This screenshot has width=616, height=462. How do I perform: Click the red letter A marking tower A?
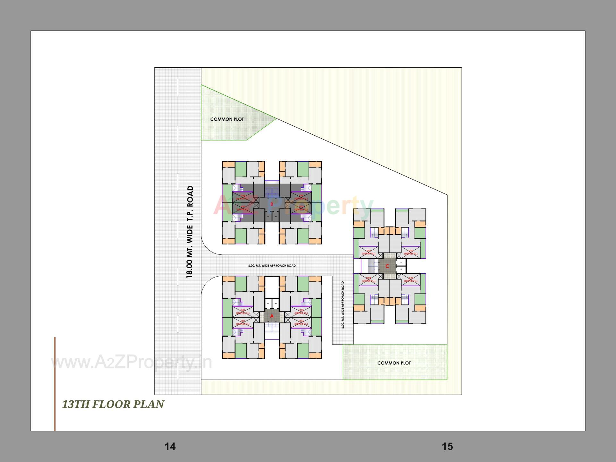272,316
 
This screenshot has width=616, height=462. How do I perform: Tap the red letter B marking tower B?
272,204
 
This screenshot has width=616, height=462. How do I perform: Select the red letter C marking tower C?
387,266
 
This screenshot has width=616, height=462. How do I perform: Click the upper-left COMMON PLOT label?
227,119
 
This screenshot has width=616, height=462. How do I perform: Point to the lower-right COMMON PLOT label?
394,363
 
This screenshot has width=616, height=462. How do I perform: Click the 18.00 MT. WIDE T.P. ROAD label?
190,232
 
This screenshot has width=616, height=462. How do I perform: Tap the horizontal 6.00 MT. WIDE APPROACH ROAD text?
272,266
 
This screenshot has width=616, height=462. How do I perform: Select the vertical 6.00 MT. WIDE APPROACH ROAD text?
343,304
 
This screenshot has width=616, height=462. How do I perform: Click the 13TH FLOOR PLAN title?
113,404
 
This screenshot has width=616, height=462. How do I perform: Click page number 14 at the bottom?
170,446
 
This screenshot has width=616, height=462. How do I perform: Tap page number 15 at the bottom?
447,446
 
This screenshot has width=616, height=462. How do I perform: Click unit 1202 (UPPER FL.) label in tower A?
243,312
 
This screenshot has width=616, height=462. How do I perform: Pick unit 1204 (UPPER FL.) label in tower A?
301,322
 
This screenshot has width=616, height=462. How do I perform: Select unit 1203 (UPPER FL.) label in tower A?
301,312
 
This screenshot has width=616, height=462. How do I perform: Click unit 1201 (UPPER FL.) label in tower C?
368,252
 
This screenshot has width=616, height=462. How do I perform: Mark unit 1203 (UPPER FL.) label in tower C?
411,279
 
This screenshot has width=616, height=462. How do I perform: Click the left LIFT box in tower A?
268,303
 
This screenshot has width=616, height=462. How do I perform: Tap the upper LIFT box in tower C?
401,262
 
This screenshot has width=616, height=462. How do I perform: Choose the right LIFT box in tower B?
276,217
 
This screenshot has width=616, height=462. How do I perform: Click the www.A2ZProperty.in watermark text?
132,362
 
